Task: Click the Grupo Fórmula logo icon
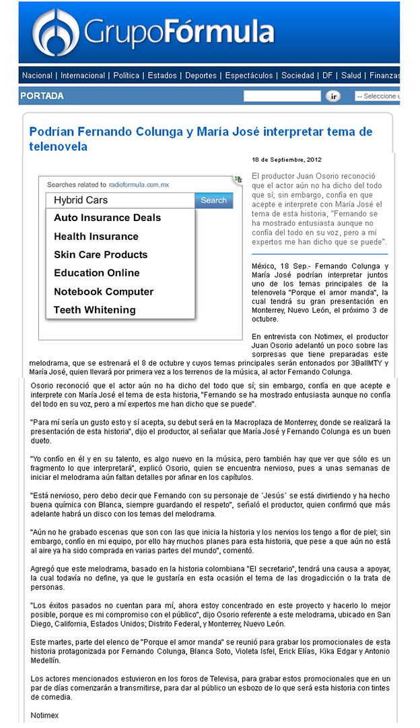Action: coord(56,32)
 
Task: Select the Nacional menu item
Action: coord(37,75)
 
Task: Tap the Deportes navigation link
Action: coord(201,75)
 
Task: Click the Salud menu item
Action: coord(351,75)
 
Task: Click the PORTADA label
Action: coord(42,96)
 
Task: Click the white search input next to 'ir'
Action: coord(282,96)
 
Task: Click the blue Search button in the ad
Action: coord(213,200)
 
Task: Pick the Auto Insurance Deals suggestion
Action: coord(107,218)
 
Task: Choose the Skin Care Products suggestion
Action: coord(100,255)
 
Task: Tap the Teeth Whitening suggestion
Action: coord(94,310)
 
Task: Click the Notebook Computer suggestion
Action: coord(104,292)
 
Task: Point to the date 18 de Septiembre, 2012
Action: coord(287,160)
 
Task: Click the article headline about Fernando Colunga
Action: coord(201,138)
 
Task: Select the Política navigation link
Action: coord(127,75)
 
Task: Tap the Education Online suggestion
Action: coord(97,273)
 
